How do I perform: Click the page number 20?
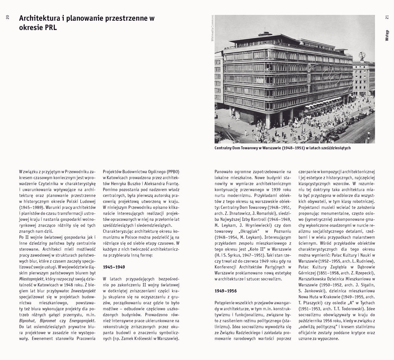click(x=7, y=18)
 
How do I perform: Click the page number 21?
click(x=387, y=18)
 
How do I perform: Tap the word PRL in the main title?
click(x=50, y=28)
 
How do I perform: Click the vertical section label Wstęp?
click(x=387, y=35)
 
